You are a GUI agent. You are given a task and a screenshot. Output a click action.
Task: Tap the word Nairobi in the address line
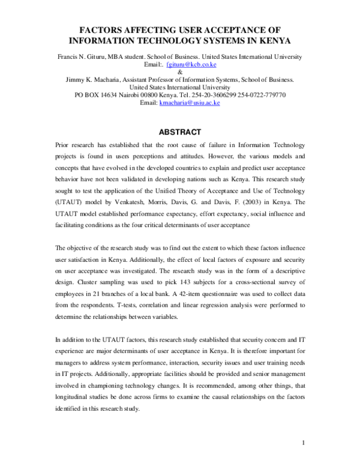pyautogui.click(x=135, y=95)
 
